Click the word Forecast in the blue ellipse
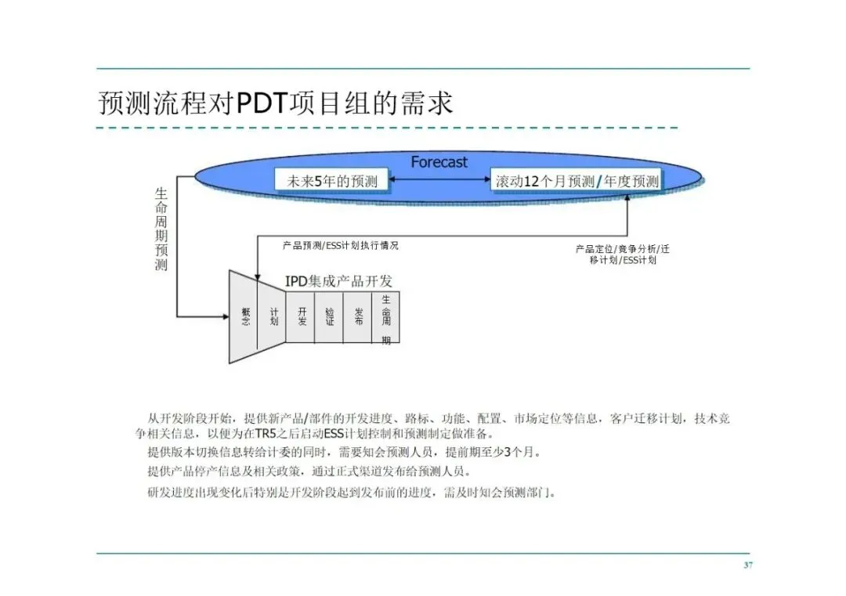pos(439,162)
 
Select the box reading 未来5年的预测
pos(332,182)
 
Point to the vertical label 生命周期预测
pos(161,229)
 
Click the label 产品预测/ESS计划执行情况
pos(341,245)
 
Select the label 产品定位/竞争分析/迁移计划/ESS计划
pos(623,255)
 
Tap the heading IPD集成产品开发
pos(338,281)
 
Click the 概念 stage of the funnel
pos(246,316)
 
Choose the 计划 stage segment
pos(273,316)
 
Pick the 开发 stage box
pos(302,316)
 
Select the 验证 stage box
pos(330,316)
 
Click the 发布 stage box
pos(358,316)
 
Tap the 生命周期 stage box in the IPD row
pos(386,316)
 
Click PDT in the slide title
pos(263,103)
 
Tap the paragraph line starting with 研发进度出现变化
pos(352,493)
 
